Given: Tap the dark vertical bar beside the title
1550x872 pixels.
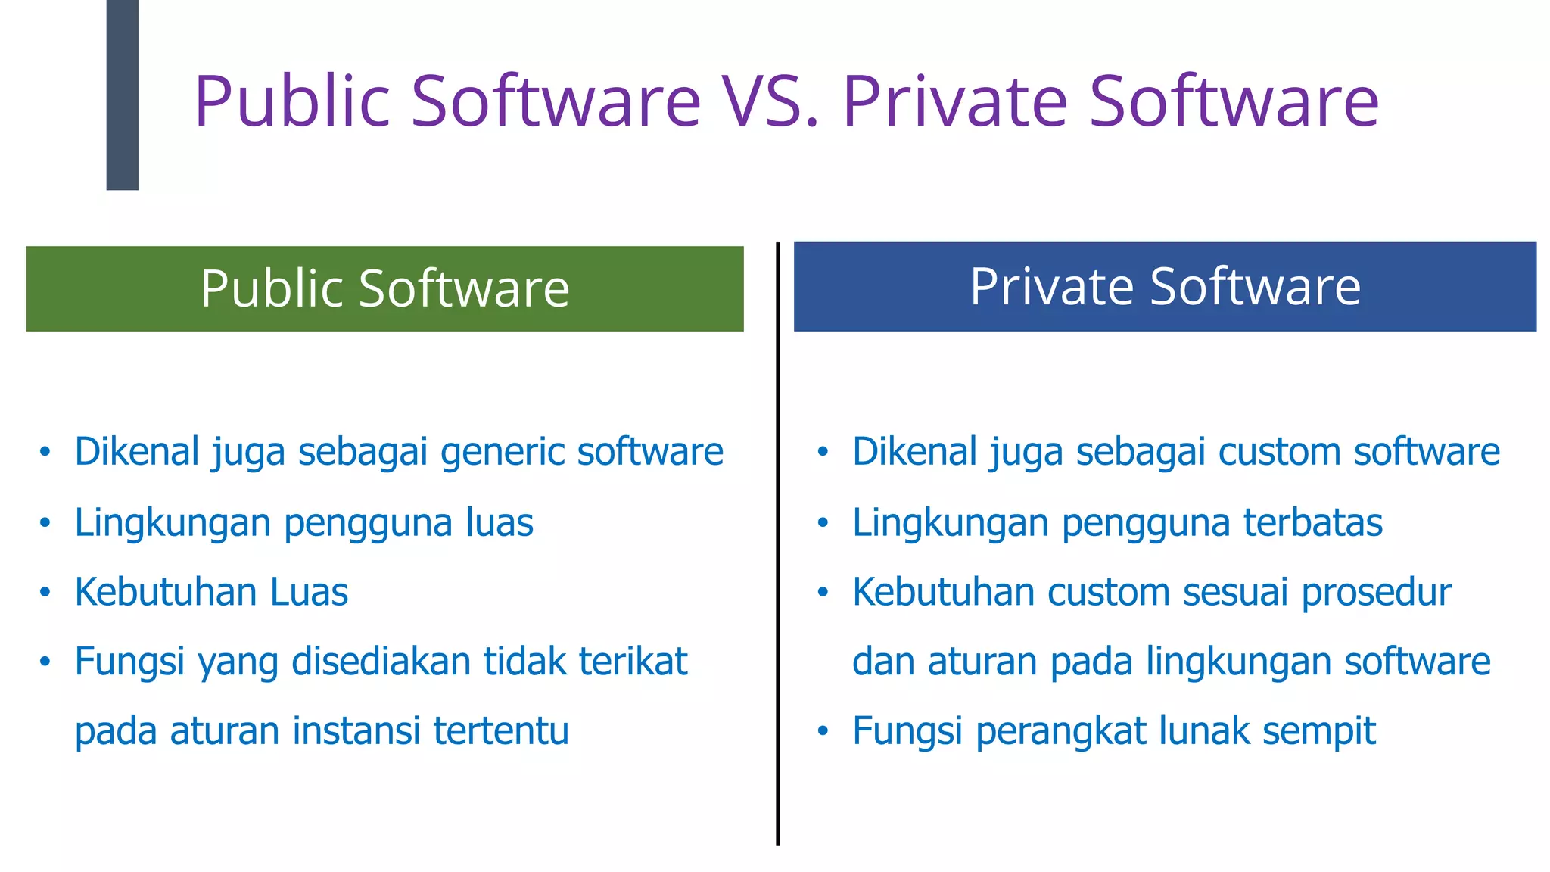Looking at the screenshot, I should (x=122, y=95).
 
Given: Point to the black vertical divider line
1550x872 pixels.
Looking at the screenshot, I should (x=777, y=545).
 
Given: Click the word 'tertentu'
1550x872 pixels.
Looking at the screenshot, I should (x=501, y=731).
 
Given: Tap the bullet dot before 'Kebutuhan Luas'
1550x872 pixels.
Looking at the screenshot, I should (x=45, y=593).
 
